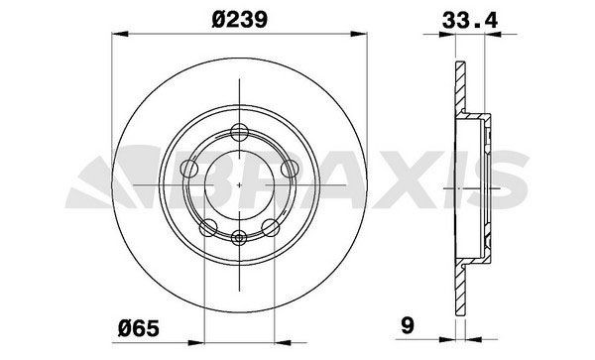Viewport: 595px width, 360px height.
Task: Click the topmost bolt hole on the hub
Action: coord(239,132)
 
